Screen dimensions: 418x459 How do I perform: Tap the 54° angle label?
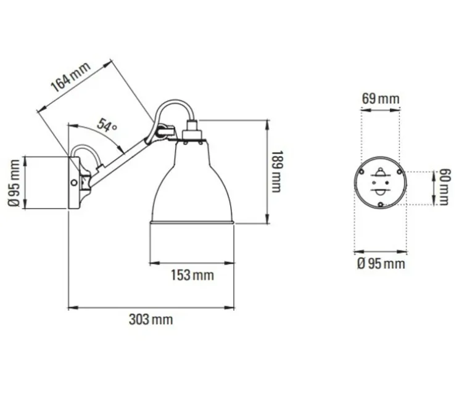(x=106, y=128)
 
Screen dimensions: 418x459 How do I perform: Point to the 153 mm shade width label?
(x=192, y=275)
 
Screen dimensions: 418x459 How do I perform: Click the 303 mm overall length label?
(x=151, y=319)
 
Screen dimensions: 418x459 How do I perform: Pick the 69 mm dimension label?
(x=380, y=99)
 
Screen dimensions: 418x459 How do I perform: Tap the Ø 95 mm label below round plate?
(x=381, y=264)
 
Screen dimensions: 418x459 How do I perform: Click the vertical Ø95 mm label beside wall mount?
(x=15, y=183)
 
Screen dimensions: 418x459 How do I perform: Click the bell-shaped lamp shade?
(x=191, y=185)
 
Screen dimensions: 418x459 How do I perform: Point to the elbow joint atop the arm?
(x=163, y=131)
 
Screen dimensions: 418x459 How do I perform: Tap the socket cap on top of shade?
(x=191, y=133)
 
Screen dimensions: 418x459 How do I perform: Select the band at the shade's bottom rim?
(x=191, y=221)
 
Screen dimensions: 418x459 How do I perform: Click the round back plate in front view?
(x=381, y=188)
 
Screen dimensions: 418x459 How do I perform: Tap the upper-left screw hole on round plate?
(x=365, y=171)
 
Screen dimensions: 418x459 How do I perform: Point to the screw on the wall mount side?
(x=74, y=182)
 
